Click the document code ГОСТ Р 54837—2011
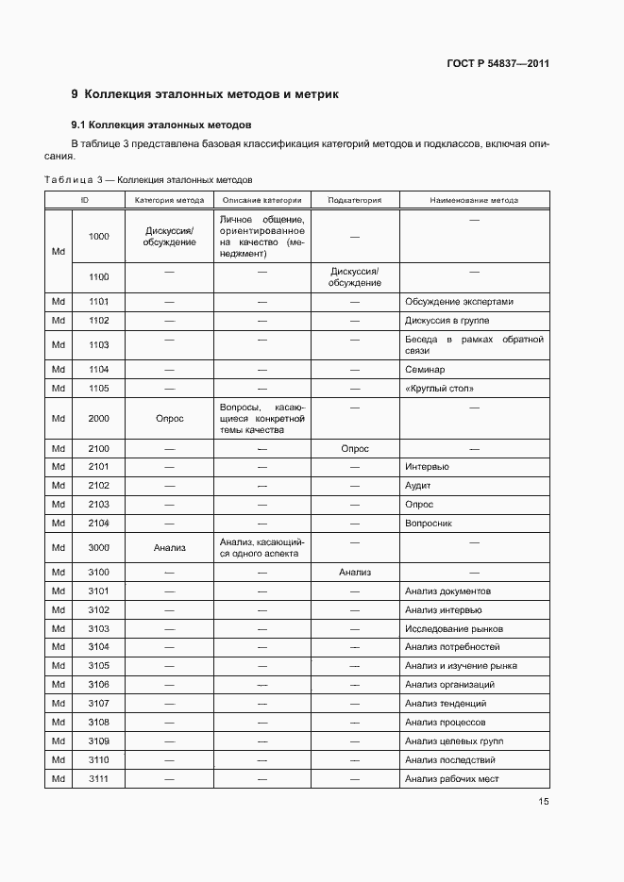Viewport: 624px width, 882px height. coord(498,64)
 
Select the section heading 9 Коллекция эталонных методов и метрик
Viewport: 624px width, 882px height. coord(204,94)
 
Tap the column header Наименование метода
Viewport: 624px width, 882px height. coord(474,200)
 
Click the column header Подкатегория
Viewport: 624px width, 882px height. coord(355,200)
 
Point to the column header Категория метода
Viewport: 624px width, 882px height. coord(169,200)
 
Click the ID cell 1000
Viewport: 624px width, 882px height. coord(99,236)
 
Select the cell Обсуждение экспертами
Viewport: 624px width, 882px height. coord(459,302)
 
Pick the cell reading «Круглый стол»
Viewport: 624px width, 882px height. coord(439,389)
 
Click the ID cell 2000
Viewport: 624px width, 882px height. coord(99,419)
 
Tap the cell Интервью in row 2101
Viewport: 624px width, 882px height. coord(427,467)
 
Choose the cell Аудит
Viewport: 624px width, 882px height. coord(418,486)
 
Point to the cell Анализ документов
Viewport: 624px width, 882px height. coord(447,591)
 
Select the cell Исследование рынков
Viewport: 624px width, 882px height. coord(454,629)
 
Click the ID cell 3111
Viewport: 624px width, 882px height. coord(99,778)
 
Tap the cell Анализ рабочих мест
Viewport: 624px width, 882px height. coord(451,778)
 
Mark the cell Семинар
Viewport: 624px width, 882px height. coord(425,370)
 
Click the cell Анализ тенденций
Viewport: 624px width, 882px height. coord(446,704)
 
